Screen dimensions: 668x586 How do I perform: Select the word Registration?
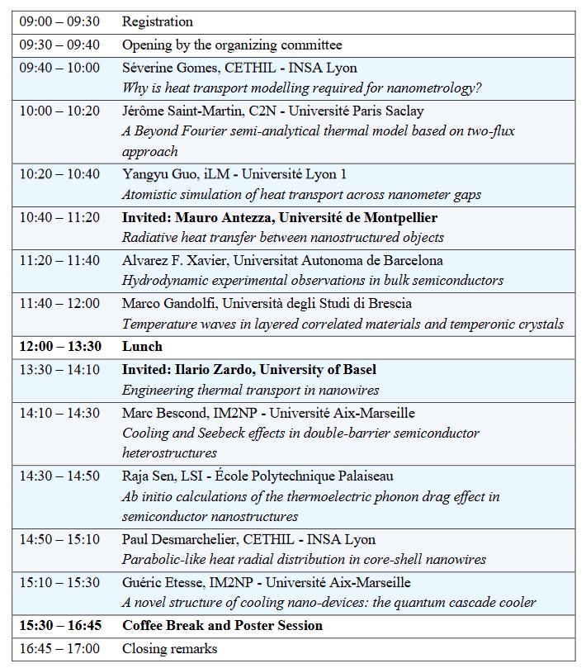[x=158, y=22]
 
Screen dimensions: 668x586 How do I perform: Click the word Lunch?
[x=142, y=347]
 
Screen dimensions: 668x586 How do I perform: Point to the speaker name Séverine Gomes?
[x=167, y=68]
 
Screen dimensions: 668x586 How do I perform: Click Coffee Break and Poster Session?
[x=222, y=626]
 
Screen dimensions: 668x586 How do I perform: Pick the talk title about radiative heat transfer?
[x=283, y=238]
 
